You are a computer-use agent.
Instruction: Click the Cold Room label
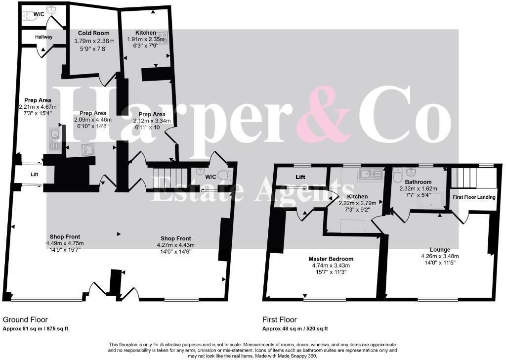point(94,33)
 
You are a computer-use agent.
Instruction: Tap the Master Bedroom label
point(331,259)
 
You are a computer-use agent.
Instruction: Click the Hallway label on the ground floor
point(43,37)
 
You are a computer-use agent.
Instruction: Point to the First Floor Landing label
point(474,197)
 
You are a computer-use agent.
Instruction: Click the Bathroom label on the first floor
point(419,182)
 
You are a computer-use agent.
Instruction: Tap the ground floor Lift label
point(35,175)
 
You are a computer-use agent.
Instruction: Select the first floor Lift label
point(300,177)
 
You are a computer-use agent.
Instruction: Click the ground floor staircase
point(169,178)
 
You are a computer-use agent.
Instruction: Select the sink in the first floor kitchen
point(369,174)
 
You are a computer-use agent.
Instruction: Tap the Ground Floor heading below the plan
point(25,320)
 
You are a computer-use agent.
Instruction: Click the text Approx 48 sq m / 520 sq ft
point(295,329)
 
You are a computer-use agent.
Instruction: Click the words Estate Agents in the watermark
point(252,191)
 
